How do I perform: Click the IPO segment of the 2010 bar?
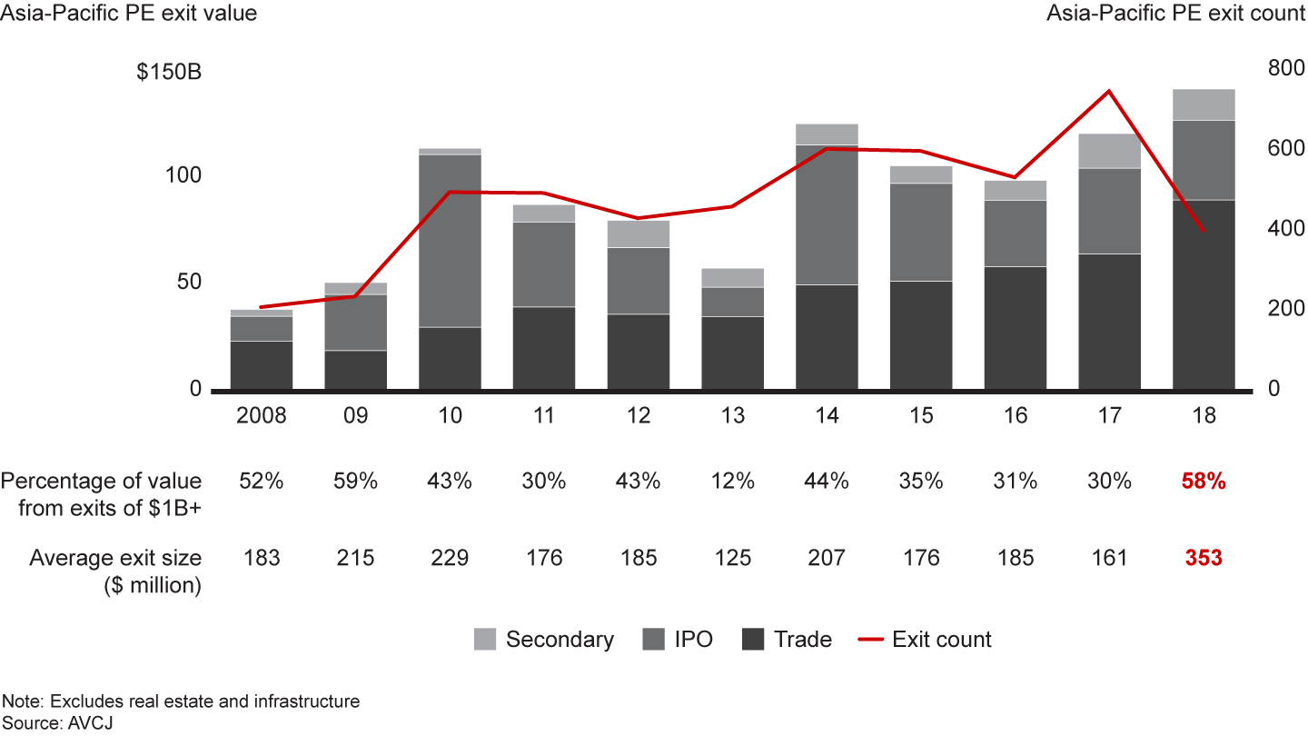point(450,241)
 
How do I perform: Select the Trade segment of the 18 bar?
point(1204,294)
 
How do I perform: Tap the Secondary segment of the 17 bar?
point(1109,151)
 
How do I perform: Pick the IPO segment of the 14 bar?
point(827,214)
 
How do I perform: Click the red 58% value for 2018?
point(1204,482)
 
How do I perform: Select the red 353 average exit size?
point(1204,558)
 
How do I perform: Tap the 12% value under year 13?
point(732,482)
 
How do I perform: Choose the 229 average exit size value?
point(450,558)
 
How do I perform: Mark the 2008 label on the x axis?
point(262,416)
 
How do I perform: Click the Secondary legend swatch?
point(485,640)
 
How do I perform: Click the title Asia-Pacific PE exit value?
point(129,14)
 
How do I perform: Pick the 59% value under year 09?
point(355,482)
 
